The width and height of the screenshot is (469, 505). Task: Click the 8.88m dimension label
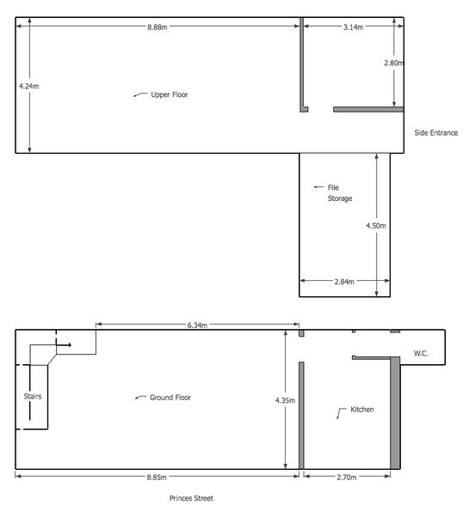(157, 27)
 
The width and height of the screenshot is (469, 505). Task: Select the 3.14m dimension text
(353, 27)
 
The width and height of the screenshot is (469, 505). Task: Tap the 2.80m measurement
(393, 64)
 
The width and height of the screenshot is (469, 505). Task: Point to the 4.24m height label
(28, 86)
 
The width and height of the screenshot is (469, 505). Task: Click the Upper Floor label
(170, 94)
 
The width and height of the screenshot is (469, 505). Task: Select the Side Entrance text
(435, 132)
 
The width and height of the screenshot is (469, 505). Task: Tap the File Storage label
(340, 193)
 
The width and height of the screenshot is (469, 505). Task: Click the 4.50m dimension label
(376, 226)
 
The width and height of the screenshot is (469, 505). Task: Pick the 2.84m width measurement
(344, 282)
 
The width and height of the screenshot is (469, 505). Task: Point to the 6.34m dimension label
(197, 326)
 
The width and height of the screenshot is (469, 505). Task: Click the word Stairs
(33, 396)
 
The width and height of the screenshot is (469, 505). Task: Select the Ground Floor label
(170, 398)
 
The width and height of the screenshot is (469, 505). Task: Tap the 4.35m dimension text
(285, 400)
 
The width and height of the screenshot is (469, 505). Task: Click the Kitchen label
(362, 410)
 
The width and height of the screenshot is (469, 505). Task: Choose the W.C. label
(421, 353)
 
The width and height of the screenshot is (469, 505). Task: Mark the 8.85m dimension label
(157, 478)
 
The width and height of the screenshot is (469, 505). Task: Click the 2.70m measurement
(346, 478)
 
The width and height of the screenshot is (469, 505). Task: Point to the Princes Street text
(191, 498)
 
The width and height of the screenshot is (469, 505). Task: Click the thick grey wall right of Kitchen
(395, 412)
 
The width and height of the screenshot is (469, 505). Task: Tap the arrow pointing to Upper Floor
(140, 94)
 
